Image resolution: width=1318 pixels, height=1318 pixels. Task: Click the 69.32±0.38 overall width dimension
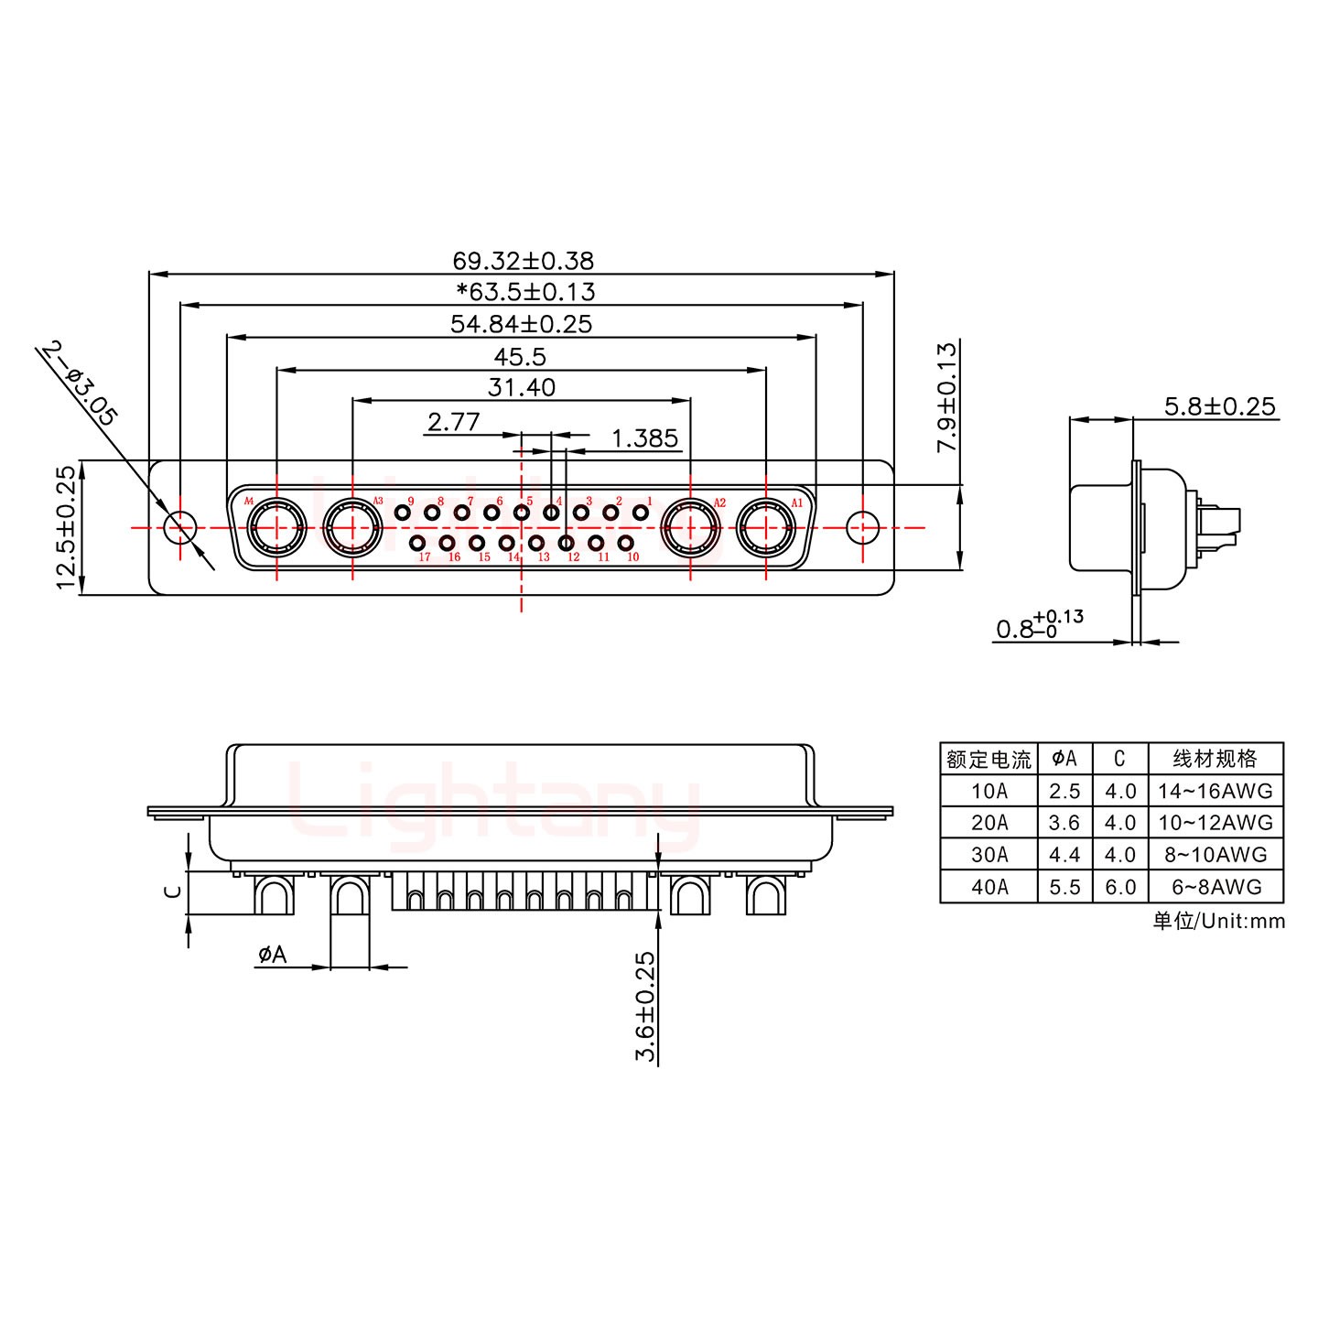523,261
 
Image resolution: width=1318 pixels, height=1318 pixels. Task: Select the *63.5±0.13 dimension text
526,292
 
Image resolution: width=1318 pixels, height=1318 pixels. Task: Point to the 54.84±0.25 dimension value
521,324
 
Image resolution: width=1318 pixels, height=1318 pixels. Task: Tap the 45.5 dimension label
520,357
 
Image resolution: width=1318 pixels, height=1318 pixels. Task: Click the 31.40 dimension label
521,388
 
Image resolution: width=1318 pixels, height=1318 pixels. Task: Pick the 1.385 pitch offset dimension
644,438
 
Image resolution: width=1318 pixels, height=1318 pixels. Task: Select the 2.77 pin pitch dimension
453,422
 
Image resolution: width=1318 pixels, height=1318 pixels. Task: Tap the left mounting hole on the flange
180,527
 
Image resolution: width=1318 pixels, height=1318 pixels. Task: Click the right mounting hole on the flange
862,527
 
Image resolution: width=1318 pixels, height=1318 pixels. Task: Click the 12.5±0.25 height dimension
66,528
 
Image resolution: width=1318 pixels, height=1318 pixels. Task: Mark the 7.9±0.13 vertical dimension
947,396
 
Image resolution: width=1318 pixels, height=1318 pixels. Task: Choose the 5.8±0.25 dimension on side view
1219,406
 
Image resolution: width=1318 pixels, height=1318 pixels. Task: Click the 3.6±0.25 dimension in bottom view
646,1006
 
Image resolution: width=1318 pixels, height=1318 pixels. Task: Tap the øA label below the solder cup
272,956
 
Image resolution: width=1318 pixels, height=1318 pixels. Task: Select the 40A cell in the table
988,887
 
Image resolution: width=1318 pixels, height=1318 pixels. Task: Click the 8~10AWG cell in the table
1215,855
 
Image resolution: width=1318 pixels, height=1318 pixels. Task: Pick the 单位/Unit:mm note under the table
1218,921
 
